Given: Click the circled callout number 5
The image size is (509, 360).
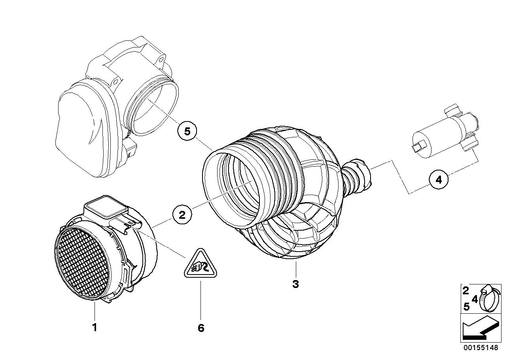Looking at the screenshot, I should pyautogui.click(x=187, y=131).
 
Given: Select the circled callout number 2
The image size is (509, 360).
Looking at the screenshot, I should pyautogui.click(x=182, y=215).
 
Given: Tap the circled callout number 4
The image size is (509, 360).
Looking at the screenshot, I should pyautogui.click(x=438, y=180).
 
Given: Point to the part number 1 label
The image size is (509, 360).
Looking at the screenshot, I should pyautogui.click(x=94, y=327).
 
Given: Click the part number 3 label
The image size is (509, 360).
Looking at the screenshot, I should pyautogui.click(x=295, y=284).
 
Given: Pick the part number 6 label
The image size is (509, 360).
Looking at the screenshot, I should pyautogui.click(x=201, y=328).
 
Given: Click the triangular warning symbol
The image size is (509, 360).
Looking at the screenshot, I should pyautogui.click(x=201, y=265).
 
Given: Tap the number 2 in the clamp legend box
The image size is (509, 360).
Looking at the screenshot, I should pyautogui.click(x=466, y=291).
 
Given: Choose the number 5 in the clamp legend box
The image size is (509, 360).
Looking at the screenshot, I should pyautogui.click(x=466, y=307).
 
